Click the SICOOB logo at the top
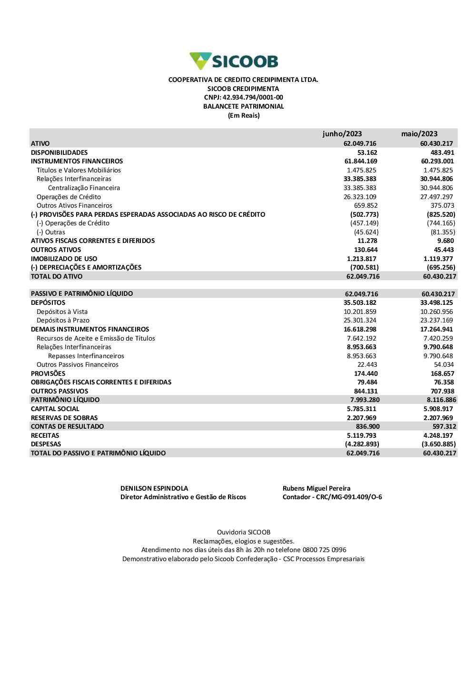coord(234,61)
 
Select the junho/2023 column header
coord(342,134)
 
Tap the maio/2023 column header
coord(419,134)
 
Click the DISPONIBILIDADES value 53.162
coord(367,152)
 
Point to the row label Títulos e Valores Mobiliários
coord(79,170)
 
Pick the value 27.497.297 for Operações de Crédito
coord(436,197)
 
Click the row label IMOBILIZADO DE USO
coord(64,259)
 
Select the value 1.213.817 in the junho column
coord(361,259)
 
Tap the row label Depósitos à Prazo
coord(63,320)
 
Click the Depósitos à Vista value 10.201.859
coord(360,312)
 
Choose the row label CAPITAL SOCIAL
coord(55,409)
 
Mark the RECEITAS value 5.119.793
coord(361,435)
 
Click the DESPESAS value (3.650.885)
coord(438,444)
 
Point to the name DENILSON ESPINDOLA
coord(154,488)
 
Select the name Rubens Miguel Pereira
coord(317,488)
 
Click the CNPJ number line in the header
coord(243,98)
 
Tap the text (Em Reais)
coord(244,115)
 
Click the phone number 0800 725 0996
coord(324,550)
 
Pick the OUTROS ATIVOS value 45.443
coord(444,250)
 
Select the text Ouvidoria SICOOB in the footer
coord(244,532)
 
